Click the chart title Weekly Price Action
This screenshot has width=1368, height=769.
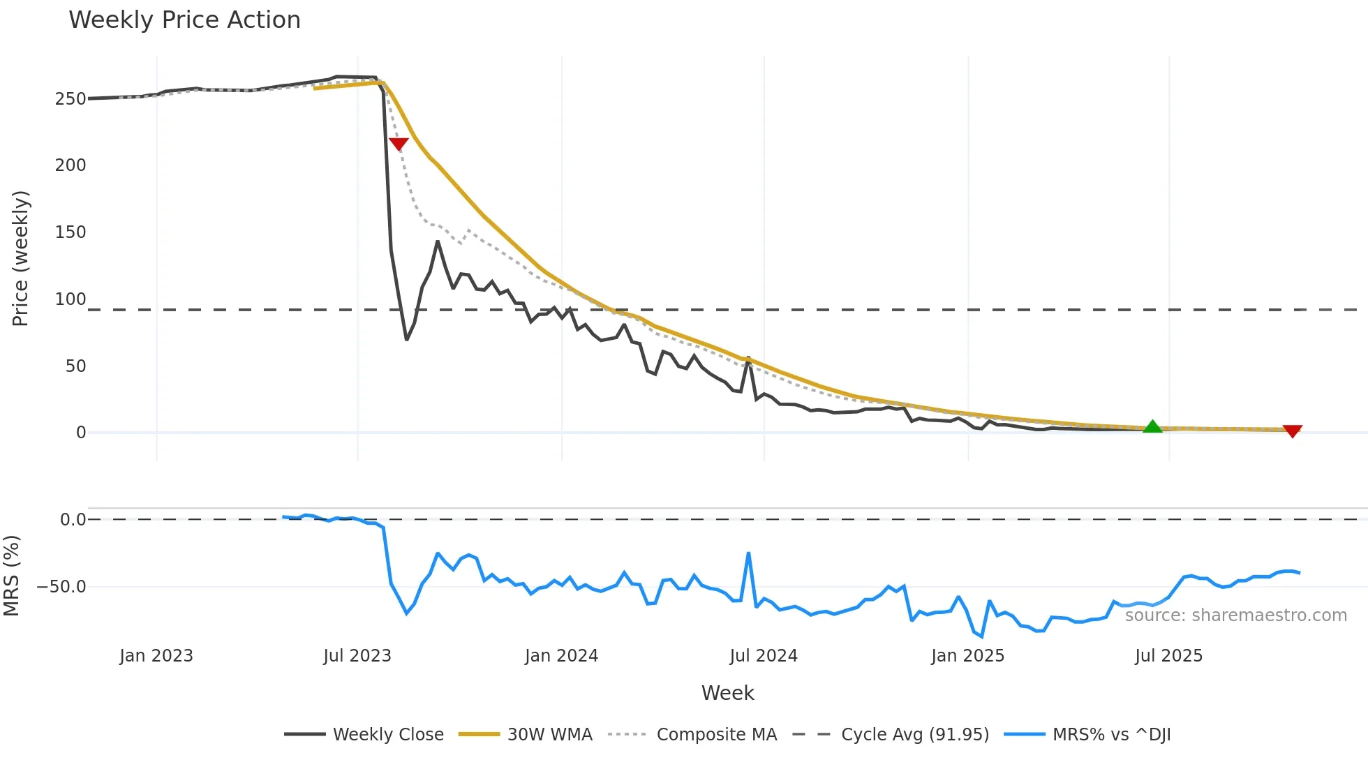click(184, 20)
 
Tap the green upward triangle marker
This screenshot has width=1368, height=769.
click(1152, 427)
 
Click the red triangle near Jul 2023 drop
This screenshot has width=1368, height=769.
click(399, 144)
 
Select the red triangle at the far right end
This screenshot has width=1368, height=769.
click(1292, 431)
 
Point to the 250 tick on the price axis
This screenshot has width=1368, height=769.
click(70, 99)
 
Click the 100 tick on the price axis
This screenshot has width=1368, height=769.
click(70, 299)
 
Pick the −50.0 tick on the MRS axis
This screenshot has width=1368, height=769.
click(61, 587)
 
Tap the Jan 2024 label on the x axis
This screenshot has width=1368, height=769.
click(561, 656)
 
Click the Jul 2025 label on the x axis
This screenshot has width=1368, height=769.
click(1168, 656)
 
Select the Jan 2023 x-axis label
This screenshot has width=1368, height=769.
click(156, 656)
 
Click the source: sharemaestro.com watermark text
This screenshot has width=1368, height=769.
click(1235, 615)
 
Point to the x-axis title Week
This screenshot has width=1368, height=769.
click(727, 693)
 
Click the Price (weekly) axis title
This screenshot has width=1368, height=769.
click(20, 258)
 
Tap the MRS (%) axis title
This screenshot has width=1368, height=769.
click(11, 576)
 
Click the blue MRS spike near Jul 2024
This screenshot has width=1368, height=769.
click(748, 554)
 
